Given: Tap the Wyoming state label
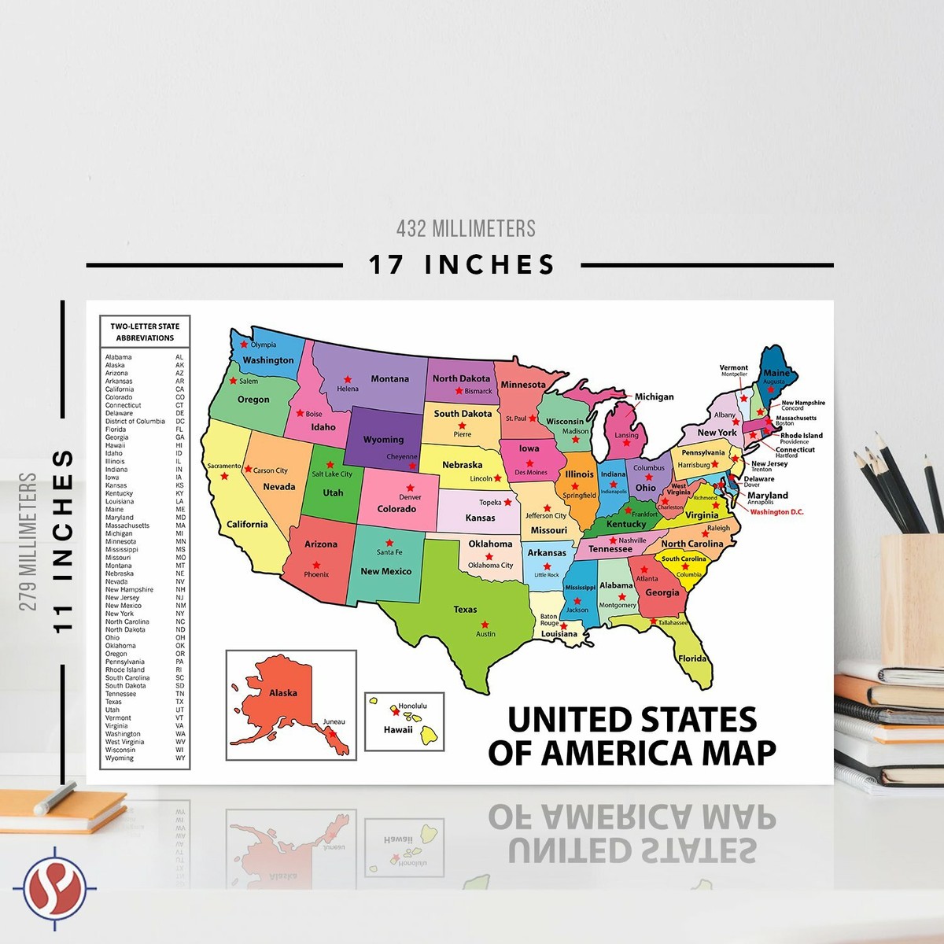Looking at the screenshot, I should pyautogui.click(x=383, y=440).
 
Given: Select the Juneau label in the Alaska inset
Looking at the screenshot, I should pyautogui.click(x=334, y=721).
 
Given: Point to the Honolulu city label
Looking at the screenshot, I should pyautogui.click(x=412, y=706).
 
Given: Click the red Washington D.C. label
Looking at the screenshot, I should pyautogui.click(x=776, y=512).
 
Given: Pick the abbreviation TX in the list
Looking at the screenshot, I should pyautogui.click(x=179, y=702).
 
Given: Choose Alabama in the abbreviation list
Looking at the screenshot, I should pyautogui.click(x=119, y=357).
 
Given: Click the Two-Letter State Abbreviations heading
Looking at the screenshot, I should pyautogui.click(x=145, y=332).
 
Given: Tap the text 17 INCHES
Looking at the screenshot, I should pyautogui.click(x=463, y=265).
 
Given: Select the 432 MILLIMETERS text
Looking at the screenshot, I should pyautogui.click(x=466, y=229).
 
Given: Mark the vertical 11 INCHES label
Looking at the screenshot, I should pyautogui.click(x=63, y=541).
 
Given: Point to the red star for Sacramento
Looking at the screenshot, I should pyautogui.click(x=224, y=476).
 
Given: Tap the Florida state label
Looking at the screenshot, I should pyautogui.click(x=692, y=658).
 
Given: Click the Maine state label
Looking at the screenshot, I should pyautogui.click(x=776, y=373).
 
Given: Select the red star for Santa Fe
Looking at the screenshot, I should pyautogui.click(x=389, y=543).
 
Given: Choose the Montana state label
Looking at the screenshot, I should pyautogui.click(x=389, y=379).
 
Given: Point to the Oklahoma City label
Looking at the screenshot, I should pyautogui.click(x=490, y=565).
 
